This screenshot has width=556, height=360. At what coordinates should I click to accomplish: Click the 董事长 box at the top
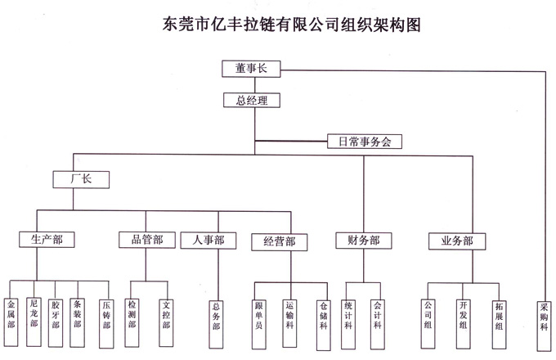coord(251,69)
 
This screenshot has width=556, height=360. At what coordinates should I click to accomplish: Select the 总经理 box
coord(251,101)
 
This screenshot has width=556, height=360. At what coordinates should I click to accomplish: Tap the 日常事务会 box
coord(364,141)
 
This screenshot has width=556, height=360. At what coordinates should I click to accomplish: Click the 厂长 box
coord(80,178)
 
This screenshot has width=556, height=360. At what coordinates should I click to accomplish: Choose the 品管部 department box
coord(146,240)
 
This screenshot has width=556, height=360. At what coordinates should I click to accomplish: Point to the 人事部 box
coord(208,241)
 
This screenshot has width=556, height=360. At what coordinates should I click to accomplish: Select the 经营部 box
coord(280,241)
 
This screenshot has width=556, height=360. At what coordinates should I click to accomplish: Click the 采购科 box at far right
coord(544,313)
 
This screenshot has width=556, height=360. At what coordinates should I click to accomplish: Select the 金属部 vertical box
coord(12,313)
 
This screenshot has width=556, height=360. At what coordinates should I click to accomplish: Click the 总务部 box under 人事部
coord(216,314)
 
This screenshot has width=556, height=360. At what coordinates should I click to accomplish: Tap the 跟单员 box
coord(259,314)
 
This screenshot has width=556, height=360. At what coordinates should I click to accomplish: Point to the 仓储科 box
coord(324,314)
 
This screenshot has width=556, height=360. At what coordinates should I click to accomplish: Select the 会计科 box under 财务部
coord(377,313)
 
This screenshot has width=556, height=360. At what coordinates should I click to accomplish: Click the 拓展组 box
coord(499,313)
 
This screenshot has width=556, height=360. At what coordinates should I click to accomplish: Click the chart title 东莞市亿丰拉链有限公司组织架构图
coord(280,24)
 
